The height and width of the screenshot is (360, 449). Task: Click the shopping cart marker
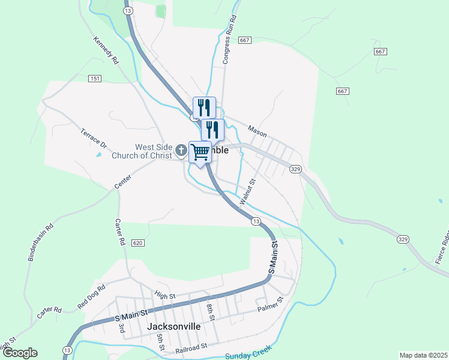(x=200, y=151)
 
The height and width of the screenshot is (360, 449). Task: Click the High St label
(x=164, y=295)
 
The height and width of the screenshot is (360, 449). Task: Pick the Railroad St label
(x=191, y=347)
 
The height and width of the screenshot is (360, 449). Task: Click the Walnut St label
(x=247, y=192)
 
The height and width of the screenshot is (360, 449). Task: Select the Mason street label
(x=257, y=131)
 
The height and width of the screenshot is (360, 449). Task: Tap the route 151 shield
(x=94, y=79)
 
